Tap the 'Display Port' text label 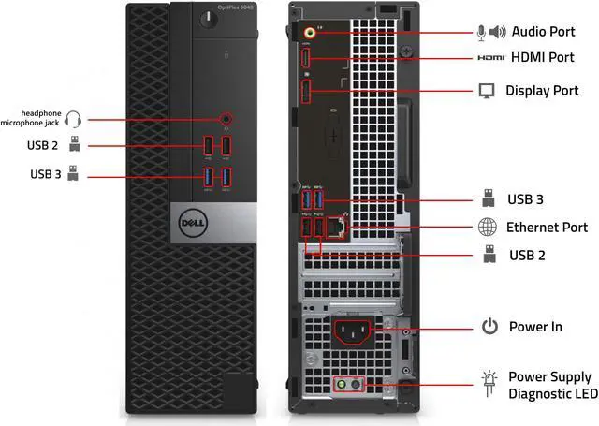pos(542,91)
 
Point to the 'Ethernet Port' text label pos(547,228)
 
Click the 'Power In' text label pos(535,327)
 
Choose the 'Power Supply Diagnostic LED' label pos(549,385)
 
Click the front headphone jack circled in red pos(225,119)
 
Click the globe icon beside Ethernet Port pos(488,228)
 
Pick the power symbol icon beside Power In pos(489,327)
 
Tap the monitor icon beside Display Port pos(487,91)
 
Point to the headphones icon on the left pos(76,119)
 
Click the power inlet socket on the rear pos(355,331)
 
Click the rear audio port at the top pos(312,31)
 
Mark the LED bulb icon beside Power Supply pos(488,384)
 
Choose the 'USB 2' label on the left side pos(42,145)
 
